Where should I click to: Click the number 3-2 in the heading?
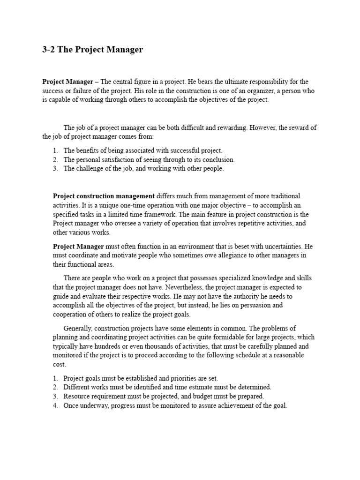point(49,50)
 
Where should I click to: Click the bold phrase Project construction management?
point(104,195)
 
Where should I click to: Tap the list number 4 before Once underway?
point(55,405)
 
